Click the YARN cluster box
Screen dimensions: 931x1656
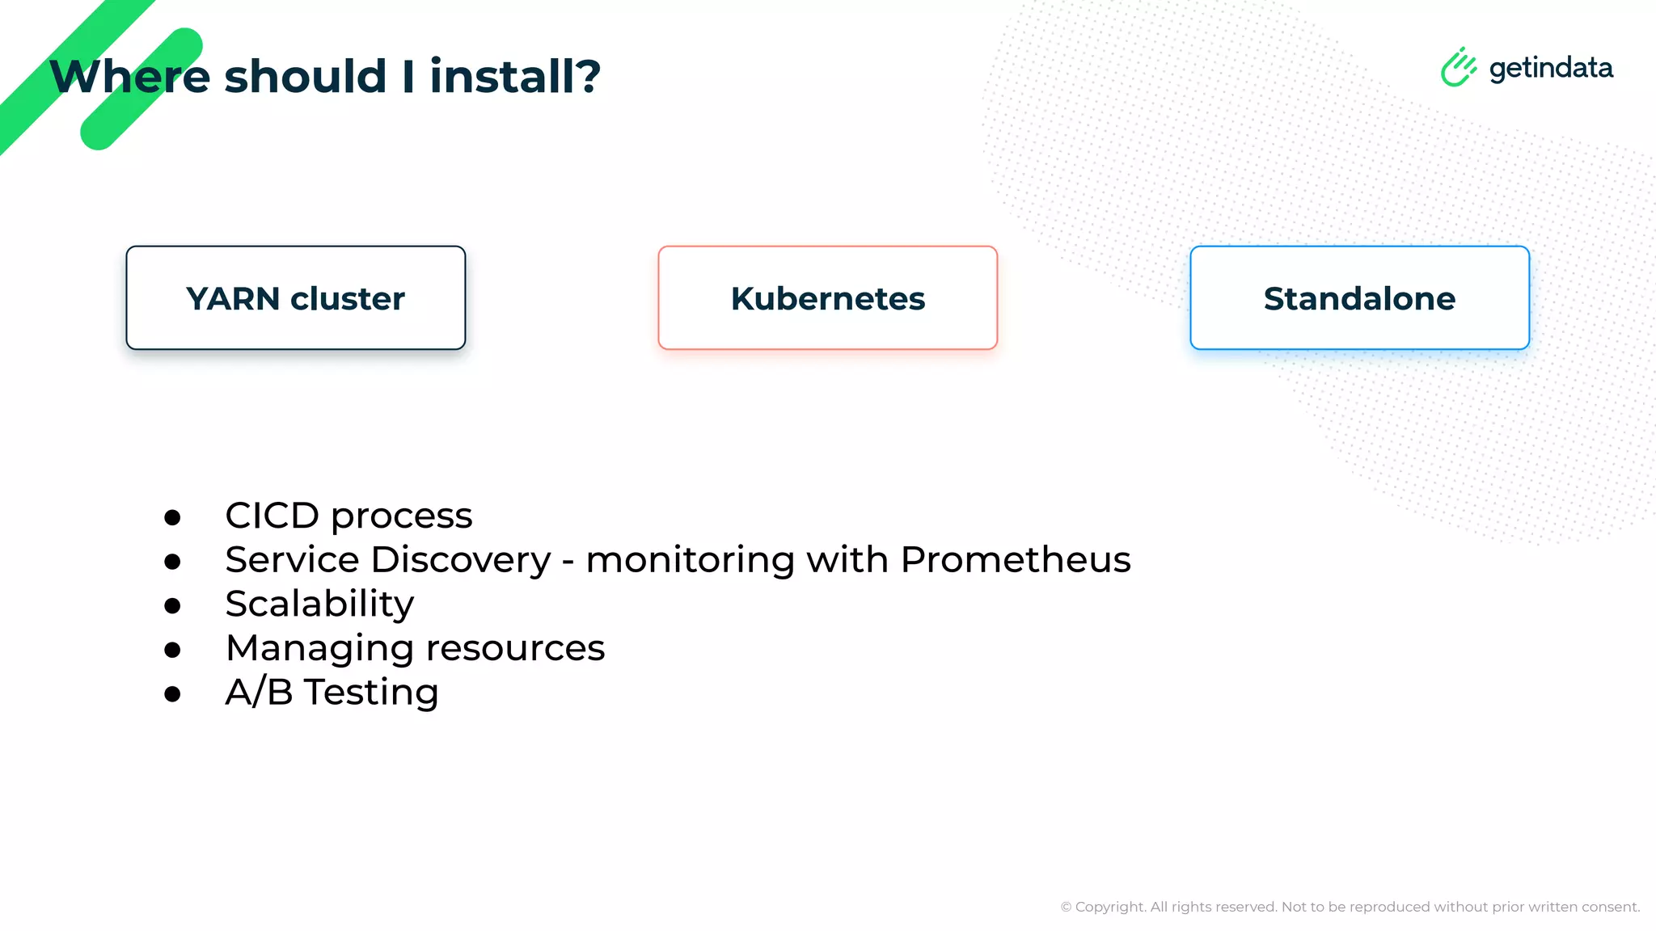click(296, 298)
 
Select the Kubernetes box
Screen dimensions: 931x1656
click(827, 298)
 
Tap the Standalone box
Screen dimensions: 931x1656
click(1359, 298)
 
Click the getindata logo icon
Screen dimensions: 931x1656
click(1458, 67)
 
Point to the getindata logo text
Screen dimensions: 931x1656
click(1551, 69)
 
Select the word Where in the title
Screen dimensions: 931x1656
click(129, 76)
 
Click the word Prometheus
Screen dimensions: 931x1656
click(1015, 559)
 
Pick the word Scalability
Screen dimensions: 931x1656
click(319, 605)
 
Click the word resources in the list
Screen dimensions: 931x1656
click(515, 648)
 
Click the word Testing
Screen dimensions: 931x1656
click(371, 693)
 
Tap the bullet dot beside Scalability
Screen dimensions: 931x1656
click(172, 605)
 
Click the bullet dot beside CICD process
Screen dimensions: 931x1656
click(172, 517)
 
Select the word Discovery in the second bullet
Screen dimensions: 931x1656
click(461, 560)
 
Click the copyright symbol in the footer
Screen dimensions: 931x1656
click(1066, 907)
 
